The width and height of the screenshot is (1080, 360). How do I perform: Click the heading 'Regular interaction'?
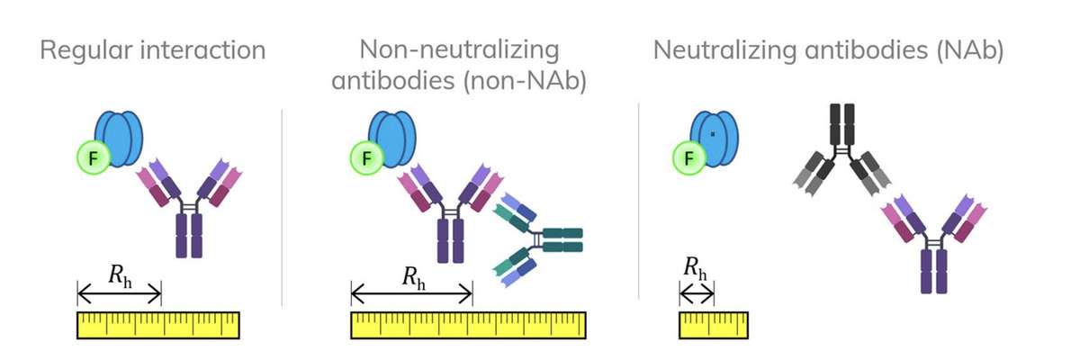(152, 49)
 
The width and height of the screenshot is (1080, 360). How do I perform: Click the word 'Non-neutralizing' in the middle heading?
(459, 49)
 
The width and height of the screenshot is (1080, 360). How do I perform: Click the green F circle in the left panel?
(94, 158)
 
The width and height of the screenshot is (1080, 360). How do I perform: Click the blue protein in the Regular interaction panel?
(119, 138)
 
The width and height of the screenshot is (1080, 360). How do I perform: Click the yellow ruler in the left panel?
(158, 325)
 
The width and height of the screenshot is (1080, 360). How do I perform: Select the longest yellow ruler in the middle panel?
(468, 325)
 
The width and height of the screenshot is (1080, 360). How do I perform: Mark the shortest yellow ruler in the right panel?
(713, 325)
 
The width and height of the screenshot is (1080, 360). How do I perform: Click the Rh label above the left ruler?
(120, 276)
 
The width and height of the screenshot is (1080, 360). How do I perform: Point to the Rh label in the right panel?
(695, 267)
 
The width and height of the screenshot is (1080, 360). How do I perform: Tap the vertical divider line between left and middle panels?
(283, 207)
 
